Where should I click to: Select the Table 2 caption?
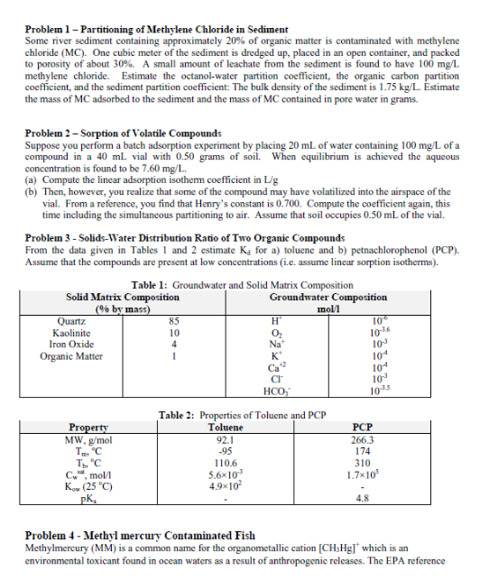click(x=241, y=415)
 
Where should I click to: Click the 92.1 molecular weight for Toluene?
click(x=224, y=437)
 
